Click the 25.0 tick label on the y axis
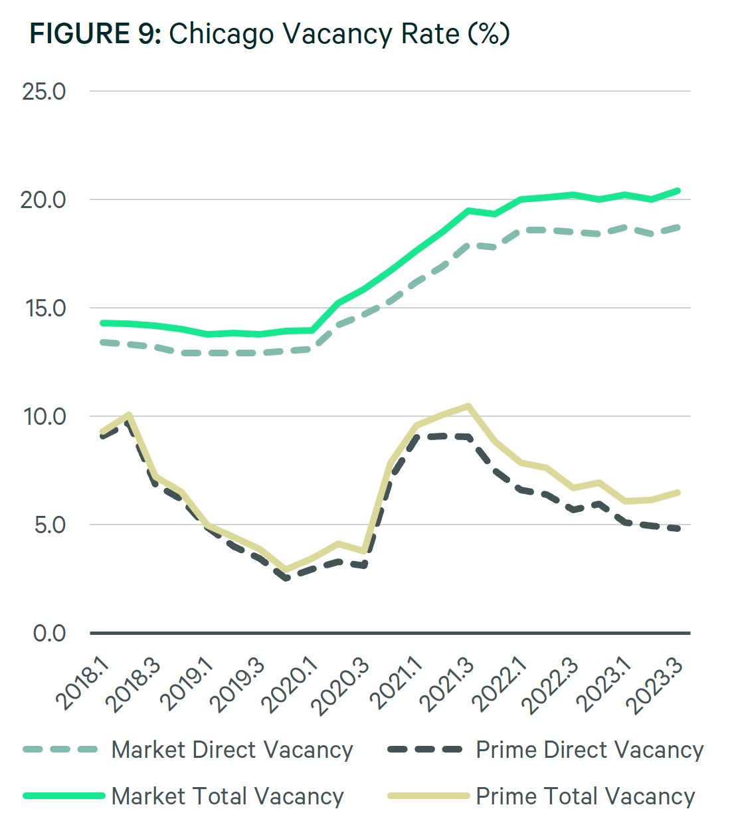tap(45, 92)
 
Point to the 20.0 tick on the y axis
tap(44, 200)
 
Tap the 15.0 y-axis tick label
tap(44, 308)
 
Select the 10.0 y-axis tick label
tap(45, 417)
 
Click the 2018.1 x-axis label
tap(83, 685)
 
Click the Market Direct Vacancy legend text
tap(232, 750)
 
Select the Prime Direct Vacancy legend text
tap(589, 750)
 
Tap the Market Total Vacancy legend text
tap(227, 796)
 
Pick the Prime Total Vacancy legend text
tap(585, 796)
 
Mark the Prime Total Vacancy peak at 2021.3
tap(469, 406)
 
